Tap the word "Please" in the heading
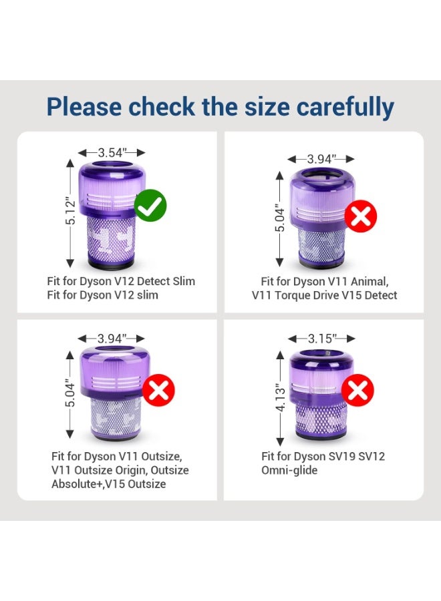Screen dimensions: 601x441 84,107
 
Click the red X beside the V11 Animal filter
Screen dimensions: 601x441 361,216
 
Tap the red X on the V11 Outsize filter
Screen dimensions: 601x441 158,391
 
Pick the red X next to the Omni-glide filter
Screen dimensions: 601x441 358,391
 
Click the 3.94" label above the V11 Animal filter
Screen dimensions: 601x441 321,159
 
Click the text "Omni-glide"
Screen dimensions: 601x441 289,470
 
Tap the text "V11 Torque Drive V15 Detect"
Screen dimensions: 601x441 324,294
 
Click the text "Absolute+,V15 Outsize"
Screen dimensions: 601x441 108,483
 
